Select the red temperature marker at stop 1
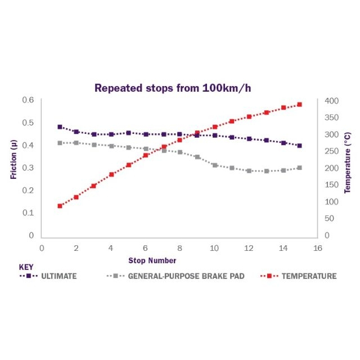pyautogui.click(x=60, y=206)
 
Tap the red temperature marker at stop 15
pyautogui.click(x=300, y=105)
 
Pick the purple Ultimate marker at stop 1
pyautogui.click(x=60, y=127)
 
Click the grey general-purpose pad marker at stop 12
pyautogui.click(x=249, y=170)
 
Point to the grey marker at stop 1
pyautogui.click(x=60, y=143)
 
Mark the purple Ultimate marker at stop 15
pyautogui.click(x=300, y=146)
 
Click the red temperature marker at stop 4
pyautogui.click(x=111, y=174)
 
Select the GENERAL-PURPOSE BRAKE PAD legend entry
pyautogui.click(x=175, y=276)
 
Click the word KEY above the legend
pyautogui.click(x=26, y=267)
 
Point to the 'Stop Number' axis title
pyautogui.click(x=152, y=260)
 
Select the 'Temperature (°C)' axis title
pyautogui.click(x=347, y=167)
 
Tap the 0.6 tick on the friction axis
pyautogui.click(x=28, y=100)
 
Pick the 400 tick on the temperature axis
pyautogui.click(x=332, y=101)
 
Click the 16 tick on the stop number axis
pyautogui.click(x=317, y=247)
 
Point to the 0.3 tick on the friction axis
pyautogui.click(x=28, y=168)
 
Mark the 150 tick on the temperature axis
pyautogui.click(x=332, y=185)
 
